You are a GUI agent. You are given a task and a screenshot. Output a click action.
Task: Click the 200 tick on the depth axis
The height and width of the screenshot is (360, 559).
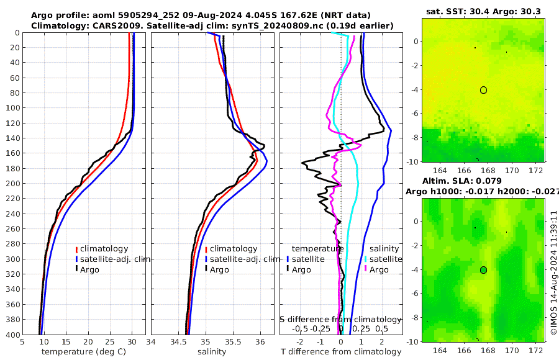click(12, 184)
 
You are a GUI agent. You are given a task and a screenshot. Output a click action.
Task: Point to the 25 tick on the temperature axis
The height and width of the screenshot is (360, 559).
click(110, 341)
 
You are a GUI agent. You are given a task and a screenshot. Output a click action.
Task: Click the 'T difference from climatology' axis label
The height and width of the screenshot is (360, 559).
click(340, 352)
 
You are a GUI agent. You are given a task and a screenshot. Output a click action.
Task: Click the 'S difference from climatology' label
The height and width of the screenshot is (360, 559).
click(341, 319)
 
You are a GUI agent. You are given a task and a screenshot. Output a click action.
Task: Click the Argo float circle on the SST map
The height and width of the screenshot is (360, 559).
click(483, 90)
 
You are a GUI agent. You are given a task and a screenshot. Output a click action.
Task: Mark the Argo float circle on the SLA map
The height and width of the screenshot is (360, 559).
click(483, 270)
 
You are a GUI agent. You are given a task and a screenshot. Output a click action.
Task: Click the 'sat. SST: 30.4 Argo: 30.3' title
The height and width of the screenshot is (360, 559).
click(483, 12)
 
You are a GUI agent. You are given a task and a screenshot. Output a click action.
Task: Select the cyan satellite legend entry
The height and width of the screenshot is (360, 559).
click(383, 259)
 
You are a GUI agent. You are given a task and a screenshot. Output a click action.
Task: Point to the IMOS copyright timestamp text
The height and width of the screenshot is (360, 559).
click(553, 273)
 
